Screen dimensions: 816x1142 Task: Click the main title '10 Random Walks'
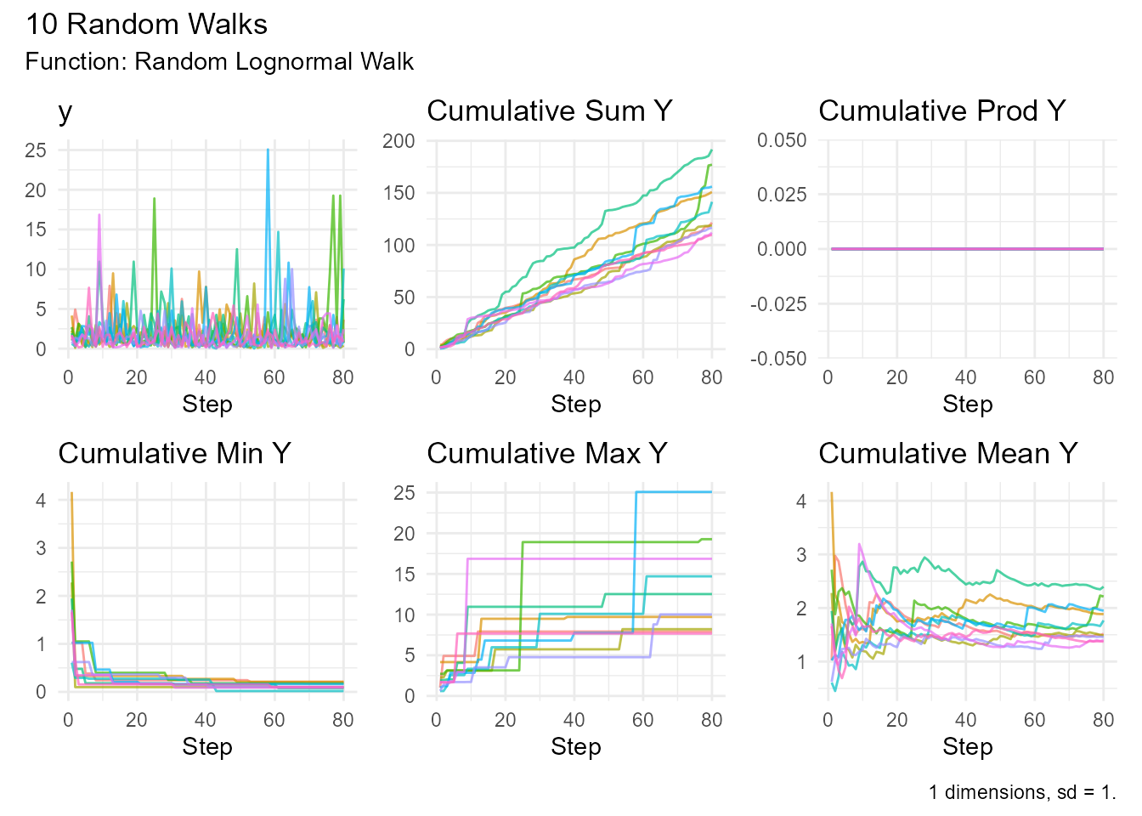pos(146,24)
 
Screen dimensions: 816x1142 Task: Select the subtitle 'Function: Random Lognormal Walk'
pos(219,62)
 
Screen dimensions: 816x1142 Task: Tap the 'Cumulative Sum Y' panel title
pos(549,111)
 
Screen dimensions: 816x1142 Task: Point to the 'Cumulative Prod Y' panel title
pos(941,111)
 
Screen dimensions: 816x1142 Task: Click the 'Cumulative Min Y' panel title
pos(174,454)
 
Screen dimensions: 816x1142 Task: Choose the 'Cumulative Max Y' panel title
pos(546,454)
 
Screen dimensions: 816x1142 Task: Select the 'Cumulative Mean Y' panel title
pos(947,454)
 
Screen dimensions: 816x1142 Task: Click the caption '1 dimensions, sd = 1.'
pos(1021,792)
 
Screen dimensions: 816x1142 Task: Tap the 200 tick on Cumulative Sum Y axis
pos(399,141)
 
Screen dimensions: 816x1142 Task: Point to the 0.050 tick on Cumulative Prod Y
pos(782,140)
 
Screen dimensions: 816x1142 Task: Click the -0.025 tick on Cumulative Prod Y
pos(778,304)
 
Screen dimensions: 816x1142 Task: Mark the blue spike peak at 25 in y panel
pos(268,150)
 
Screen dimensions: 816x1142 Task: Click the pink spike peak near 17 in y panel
pos(99,215)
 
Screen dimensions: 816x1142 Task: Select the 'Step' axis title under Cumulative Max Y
pos(575,747)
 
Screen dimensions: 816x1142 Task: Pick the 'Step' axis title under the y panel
pos(206,405)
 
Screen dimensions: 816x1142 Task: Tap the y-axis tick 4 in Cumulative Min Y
pos(41,501)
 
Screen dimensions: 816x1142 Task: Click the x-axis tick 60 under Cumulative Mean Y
pos(1034,721)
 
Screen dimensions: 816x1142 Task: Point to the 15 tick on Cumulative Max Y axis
pos(404,575)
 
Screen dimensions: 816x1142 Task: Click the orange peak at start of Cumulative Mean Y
pos(831,494)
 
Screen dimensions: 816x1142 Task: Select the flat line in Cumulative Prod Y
pos(966,249)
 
